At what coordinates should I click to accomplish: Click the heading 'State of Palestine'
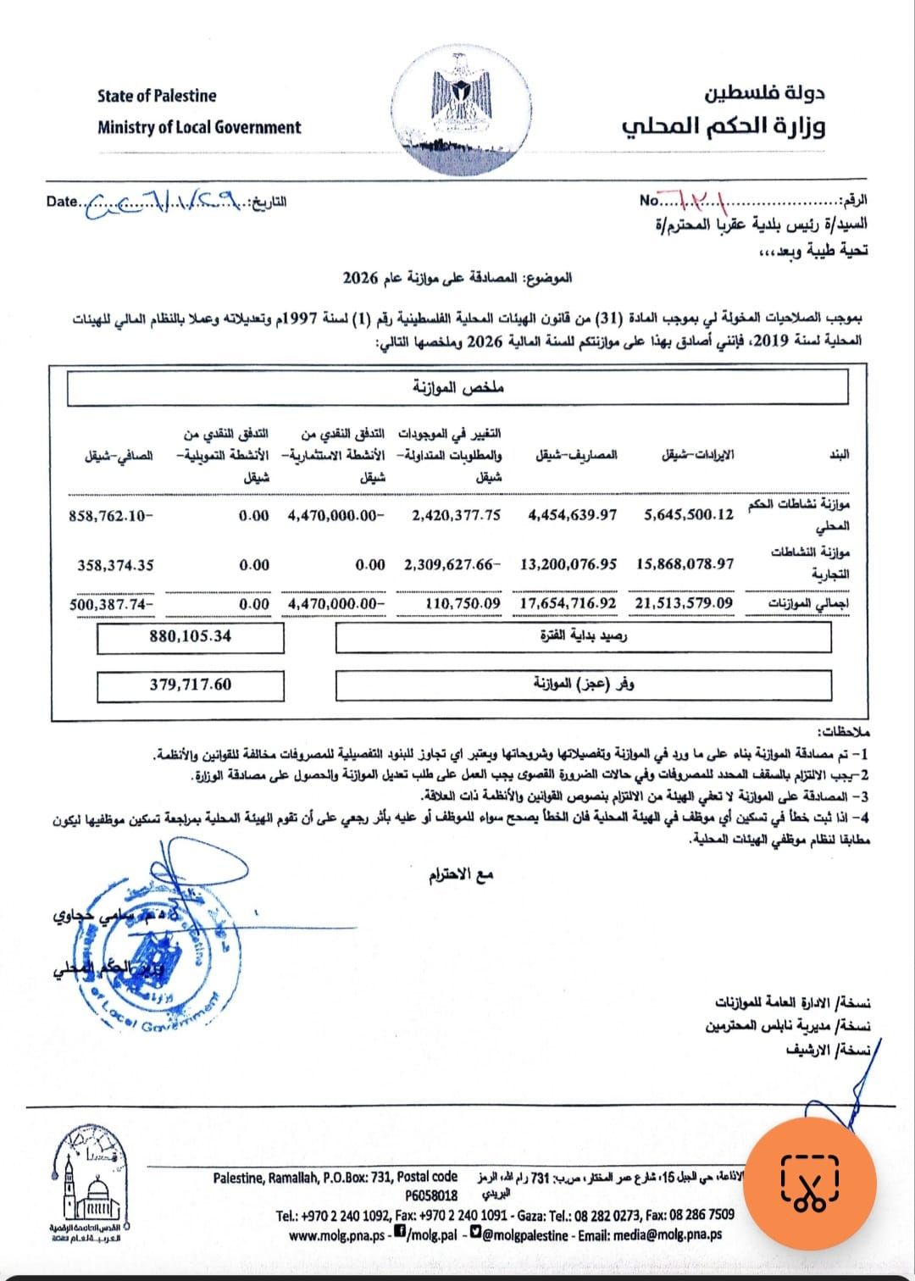(157, 96)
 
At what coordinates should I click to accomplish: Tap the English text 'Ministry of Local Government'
(199, 128)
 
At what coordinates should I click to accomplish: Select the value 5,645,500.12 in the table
(690, 515)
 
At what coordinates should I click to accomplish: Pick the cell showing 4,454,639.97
(573, 515)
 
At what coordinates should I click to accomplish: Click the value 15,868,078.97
(685, 564)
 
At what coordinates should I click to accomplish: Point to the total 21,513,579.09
(685, 603)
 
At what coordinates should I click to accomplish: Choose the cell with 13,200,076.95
(568, 564)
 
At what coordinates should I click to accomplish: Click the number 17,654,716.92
(568, 603)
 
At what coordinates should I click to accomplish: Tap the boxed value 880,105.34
(191, 636)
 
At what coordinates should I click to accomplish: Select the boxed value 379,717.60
(191, 684)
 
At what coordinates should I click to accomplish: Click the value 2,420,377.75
(457, 515)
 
